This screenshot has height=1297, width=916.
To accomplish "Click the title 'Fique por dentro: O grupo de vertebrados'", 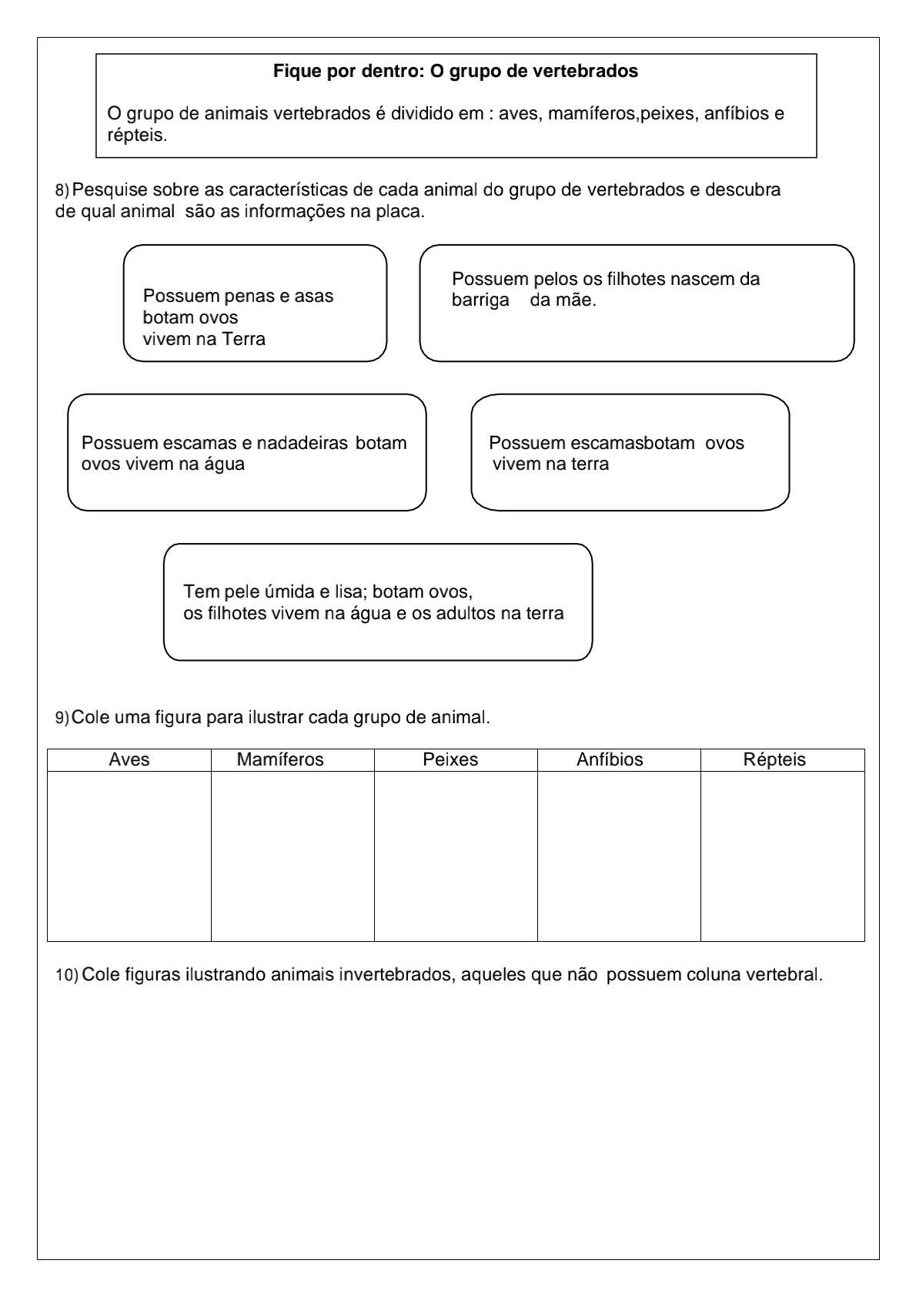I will pyautogui.click(x=456, y=72).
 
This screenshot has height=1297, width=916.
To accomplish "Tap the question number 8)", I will pyautogui.click(x=62, y=190).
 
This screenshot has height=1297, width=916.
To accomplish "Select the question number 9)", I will pyautogui.click(x=62, y=718).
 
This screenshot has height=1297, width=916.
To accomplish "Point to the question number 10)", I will pyautogui.click(x=67, y=976).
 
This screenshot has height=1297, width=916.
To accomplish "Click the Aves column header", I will pyautogui.click(x=129, y=760).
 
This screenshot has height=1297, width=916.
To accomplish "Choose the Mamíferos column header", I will pyautogui.click(x=280, y=760).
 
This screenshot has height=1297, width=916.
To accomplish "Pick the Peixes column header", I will pyautogui.click(x=450, y=760).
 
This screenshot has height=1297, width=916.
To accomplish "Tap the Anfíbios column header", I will pyautogui.click(x=610, y=760).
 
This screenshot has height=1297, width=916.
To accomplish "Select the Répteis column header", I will pyautogui.click(x=774, y=760).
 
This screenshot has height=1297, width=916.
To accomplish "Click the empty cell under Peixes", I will pyautogui.click(x=456, y=856).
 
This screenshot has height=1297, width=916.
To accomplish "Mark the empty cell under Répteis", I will pyautogui.click(x=782, y=856).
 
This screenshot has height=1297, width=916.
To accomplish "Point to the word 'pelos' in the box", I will pyautogui.click(x=556, y=280).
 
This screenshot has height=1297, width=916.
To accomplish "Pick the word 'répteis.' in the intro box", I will pyautogui.click(x=137, y=136).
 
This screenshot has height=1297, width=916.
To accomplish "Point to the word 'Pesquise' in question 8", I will pyautogui.click(x=106, y=190).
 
